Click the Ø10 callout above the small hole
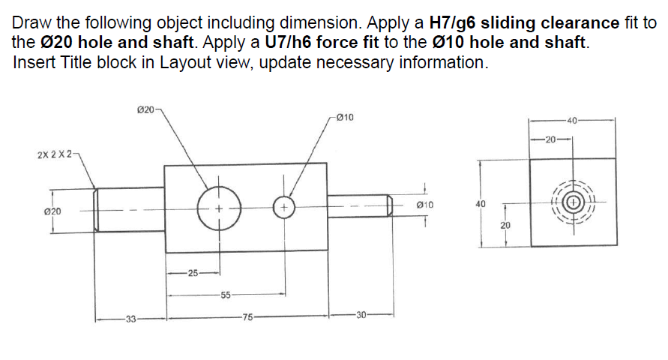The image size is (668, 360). click(x=346, y=117)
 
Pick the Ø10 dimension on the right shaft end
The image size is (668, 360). click(x=425, y=204)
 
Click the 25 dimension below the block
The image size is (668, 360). click(x=192, y=273)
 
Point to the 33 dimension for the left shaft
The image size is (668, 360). click(x=130, y=318)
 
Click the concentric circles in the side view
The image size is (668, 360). click(x=573, y=202)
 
